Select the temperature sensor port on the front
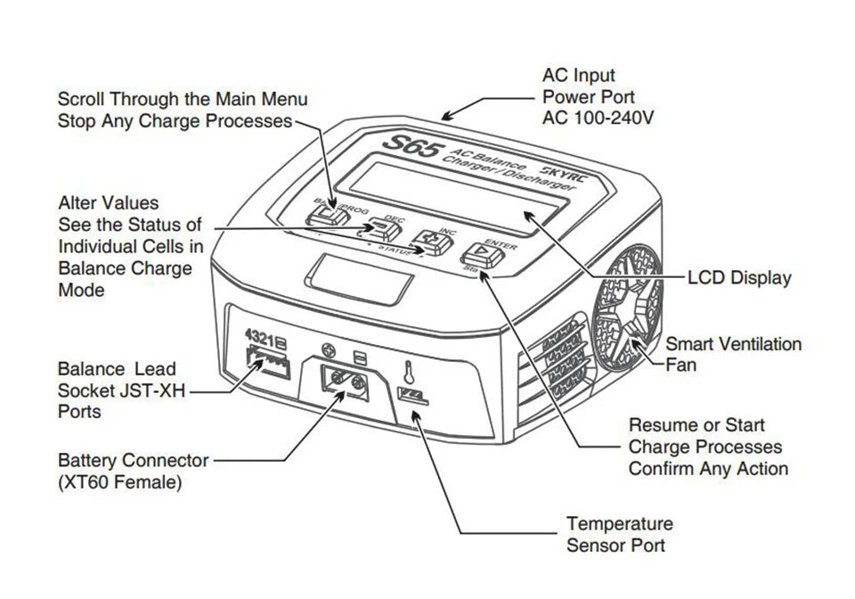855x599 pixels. [412, 396]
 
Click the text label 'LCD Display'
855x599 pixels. [738, 278]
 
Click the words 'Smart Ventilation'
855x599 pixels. [733, 343]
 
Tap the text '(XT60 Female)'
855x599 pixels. [119, 483]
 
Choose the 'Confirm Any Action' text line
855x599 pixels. [708, 468]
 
